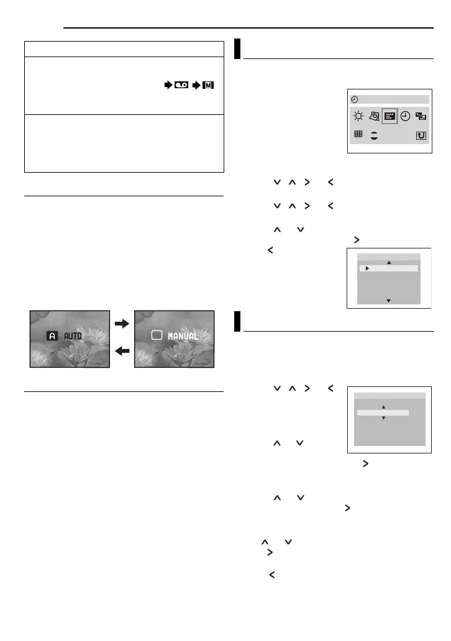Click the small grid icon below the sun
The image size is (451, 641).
point(358,134)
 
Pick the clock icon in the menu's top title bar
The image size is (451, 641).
point(354,99)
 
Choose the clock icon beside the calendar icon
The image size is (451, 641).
point(406,116)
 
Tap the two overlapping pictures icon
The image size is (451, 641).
point(421,116)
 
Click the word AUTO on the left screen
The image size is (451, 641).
point(73,335)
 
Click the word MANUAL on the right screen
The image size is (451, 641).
point(183,336)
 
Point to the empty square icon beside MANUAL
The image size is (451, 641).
point(157,335)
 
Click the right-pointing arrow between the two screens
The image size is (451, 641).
point(122,323)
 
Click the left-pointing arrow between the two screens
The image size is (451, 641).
point(122,351)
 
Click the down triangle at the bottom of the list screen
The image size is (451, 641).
point(389,300)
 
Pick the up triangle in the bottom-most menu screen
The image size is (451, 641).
point(383,407)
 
